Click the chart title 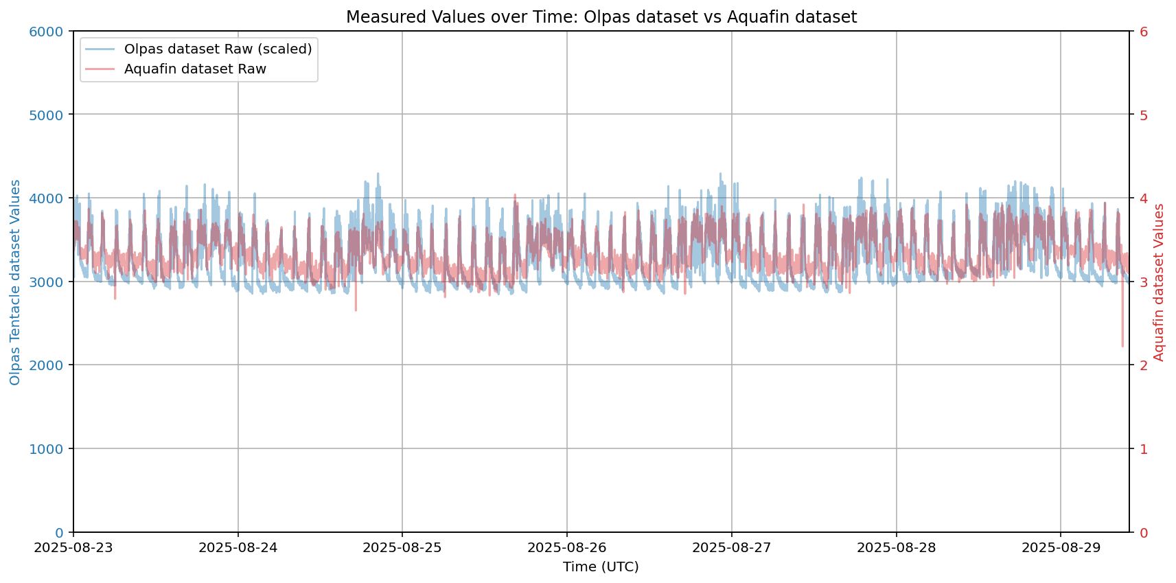(x=601, y=17)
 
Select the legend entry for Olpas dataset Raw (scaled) (x=218, y=49)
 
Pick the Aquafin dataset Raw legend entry (x=195, y=69)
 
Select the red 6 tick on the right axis (x=1144, y=32)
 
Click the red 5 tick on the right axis (x=1144, y=115)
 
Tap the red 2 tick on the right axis (x=1144, y=365)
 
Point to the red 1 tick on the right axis (x=1144, y=449)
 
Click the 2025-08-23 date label (x=73, y=547)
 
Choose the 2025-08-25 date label (x=402, y=547)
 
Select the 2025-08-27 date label (x=732, y=547)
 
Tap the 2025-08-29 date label (x=1061, y=547)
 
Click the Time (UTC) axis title (x=601, y=567)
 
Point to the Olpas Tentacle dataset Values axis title (x=15, y=282)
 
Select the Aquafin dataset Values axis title (x=1159, y=282)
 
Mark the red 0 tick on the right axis (x=1144, y=533)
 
